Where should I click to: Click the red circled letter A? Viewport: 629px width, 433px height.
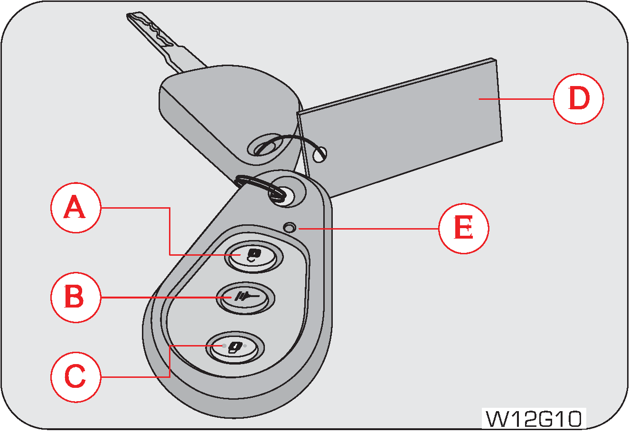point(75,208)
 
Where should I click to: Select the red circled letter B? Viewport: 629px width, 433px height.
point(75,297)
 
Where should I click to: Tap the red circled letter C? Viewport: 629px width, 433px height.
point(75,377)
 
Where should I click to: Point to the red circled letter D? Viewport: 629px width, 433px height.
point(578,99)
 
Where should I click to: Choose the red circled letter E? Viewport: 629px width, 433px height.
point(463,229)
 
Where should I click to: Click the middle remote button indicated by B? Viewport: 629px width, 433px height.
point(245,298)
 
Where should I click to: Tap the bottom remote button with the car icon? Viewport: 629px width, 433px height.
point(234,347)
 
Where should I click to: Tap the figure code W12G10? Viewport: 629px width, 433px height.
point(534,419)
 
